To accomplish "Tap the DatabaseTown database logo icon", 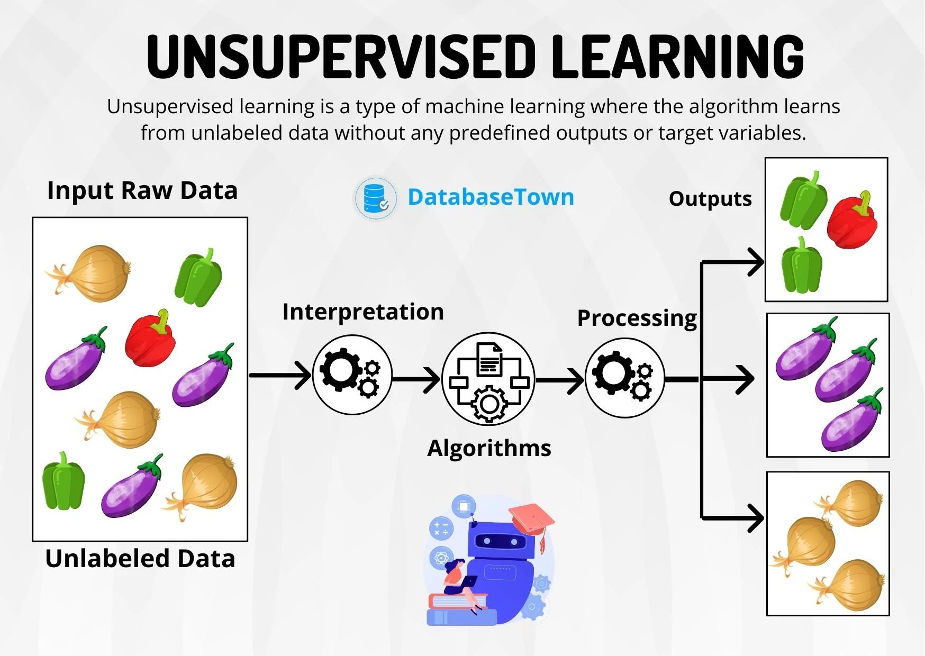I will pos(375,197).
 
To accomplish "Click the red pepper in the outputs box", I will pos(851,221).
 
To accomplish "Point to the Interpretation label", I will pos(363,312).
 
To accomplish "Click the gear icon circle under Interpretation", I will pos(352,375).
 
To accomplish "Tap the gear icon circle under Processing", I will pos(624,378).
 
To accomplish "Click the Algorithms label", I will pos(489,448).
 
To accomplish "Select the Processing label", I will pos(637,318).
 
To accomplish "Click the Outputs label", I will pos(710,199).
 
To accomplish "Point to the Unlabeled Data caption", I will pos(140,559).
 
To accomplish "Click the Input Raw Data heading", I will pos(142,190).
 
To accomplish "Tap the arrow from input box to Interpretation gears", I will pos(280,375).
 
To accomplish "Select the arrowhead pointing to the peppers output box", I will pos(755,262).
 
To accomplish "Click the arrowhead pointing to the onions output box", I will pos(755,517).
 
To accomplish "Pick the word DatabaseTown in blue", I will pos(491,197).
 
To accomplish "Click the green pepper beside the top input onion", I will pos(199,277).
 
